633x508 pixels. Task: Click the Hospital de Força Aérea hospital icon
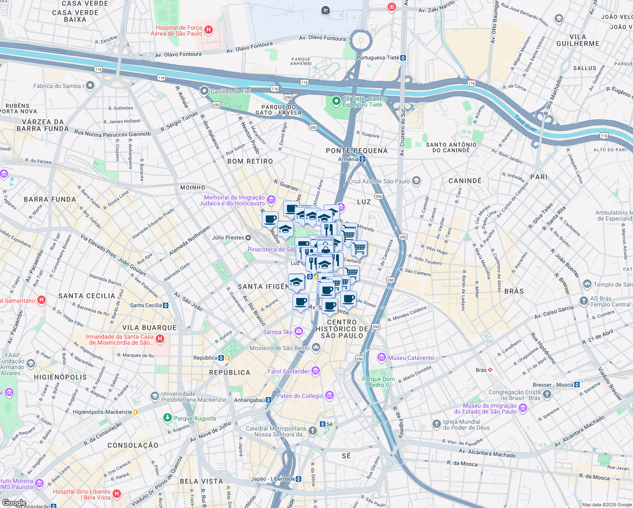click(x=208, y=30)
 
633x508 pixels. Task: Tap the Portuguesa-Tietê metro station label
click(x=378, y=58)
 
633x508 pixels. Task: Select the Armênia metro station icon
click(x=362, y=159)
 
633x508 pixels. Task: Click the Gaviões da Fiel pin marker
click(x=204, y=91)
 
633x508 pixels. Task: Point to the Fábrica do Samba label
click(x=57, y=86)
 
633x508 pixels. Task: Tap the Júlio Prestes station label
click(x=228, y=237)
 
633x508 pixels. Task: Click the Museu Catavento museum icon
click(x=382, y=358)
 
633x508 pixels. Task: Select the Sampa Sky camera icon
click(x=299, y=331)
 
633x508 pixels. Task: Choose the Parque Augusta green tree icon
click(x=168, y=418)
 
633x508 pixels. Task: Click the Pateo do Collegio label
click(x=300, y=396)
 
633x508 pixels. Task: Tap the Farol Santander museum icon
click(x=316, y=371)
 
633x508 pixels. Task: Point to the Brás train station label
click(x=481, y=370)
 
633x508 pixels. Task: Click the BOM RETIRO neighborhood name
click(x=250, y=161)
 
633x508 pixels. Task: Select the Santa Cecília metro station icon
click(x=166, y=305)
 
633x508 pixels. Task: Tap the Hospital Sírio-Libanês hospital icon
click(x=117, y=494)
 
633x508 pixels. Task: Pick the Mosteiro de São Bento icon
click(x=316, y=348)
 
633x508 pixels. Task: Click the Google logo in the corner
click(x=14, y=502)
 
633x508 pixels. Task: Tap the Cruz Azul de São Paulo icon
click(x=416, y=181)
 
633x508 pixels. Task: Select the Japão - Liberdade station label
click(x=273, y=479)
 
